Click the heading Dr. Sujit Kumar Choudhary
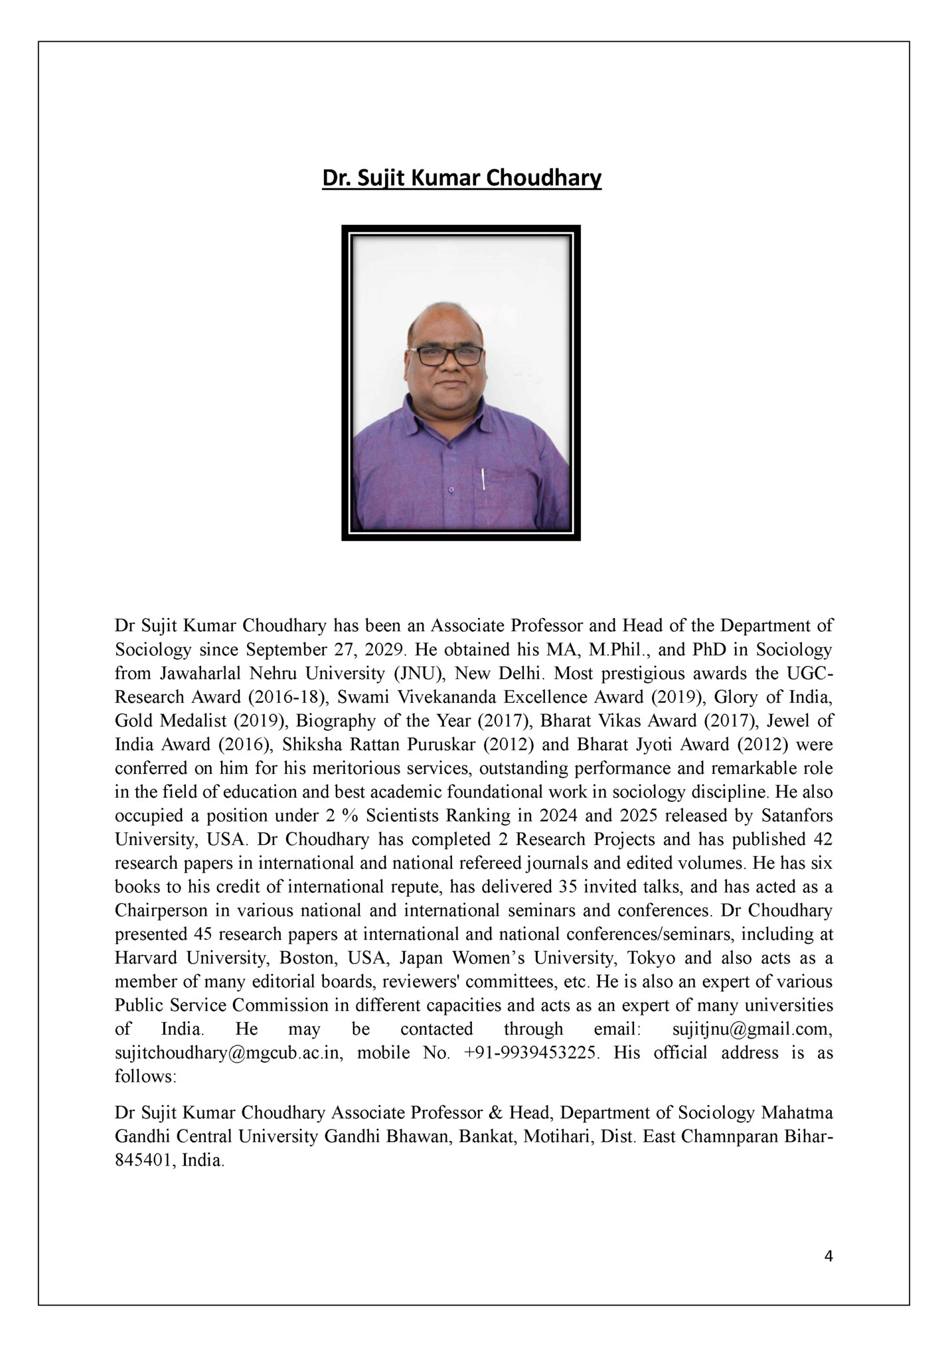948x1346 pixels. point(461,179)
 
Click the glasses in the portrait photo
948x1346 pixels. point(449,356)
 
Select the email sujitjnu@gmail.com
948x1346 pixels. point(753,1029)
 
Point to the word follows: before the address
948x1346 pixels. point(145,1077)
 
